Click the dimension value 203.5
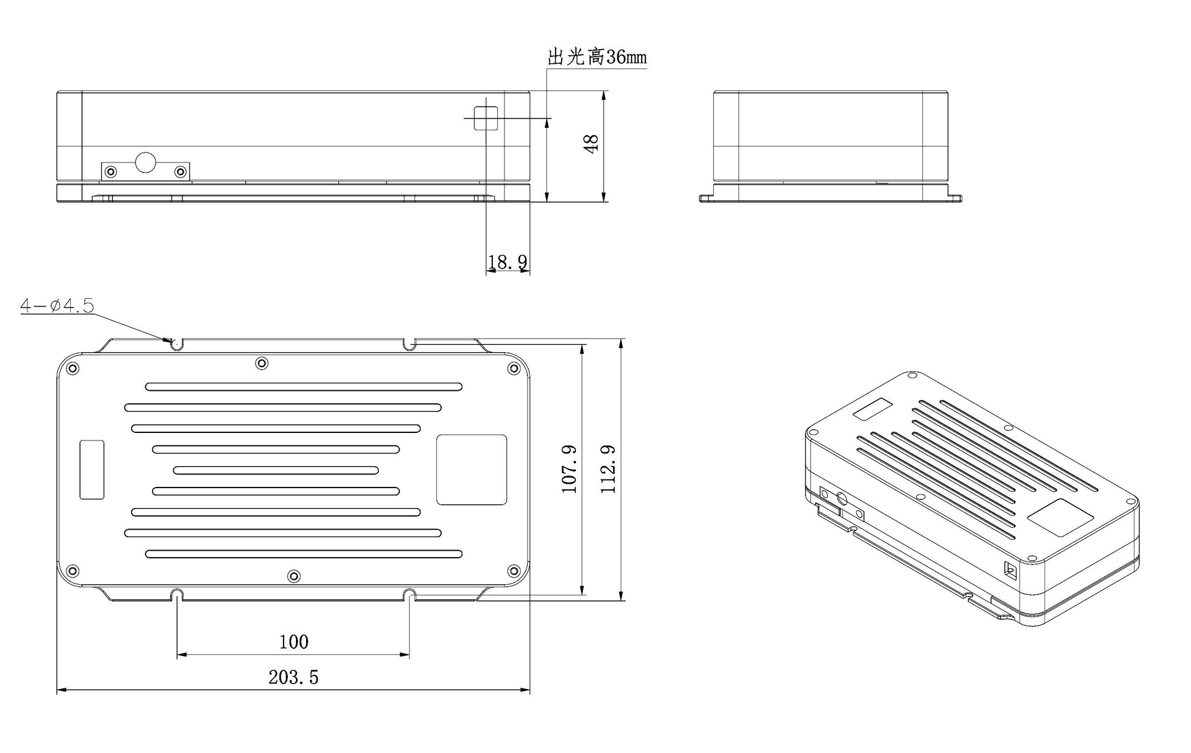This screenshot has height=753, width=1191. point(293,677)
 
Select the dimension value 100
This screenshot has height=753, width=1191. point(294,641)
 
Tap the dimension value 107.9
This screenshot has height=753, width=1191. point(569,469)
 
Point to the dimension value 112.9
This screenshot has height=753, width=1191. point(608,469)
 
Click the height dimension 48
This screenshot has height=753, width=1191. point(591,144)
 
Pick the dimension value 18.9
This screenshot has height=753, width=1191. point(507,262)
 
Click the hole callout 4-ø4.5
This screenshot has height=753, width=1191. point(56,305)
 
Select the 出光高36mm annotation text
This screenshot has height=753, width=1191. point(596,58)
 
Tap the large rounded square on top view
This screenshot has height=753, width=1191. point(472,470)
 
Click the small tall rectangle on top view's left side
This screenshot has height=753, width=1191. point(92,470)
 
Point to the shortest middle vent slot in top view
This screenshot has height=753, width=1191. point(276,470)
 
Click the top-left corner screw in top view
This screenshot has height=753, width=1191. point(73,368)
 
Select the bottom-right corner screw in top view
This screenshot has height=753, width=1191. point(513,571)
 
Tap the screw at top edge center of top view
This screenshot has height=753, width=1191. point(262,363)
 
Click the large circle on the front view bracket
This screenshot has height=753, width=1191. point(146,163)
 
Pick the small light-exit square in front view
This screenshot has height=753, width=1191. point(486,118)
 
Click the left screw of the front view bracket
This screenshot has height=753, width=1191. point(111,171)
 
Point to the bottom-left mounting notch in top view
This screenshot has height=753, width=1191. point(177,594)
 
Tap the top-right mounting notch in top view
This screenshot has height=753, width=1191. point(409,343)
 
